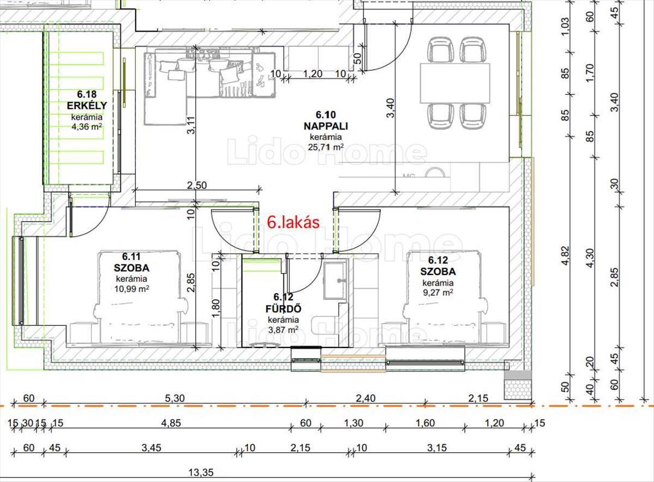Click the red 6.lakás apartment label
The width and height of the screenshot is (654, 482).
point(293,223)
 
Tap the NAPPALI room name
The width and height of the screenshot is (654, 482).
point(326,126)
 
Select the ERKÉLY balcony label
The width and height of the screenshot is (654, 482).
point(87,105)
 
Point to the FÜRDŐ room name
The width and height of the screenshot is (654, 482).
point(283,308)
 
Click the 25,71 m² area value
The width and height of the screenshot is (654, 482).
point(325,147)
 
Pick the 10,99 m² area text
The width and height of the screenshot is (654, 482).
point(132,289)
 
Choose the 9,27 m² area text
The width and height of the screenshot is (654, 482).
point(438,292)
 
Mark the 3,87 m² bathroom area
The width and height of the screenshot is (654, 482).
point(283,330)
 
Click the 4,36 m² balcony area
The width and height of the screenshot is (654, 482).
point(87,127)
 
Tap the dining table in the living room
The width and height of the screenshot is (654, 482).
point(455,83)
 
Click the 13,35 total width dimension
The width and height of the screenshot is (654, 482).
point(201,472)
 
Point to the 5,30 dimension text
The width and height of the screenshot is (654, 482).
point(174,398)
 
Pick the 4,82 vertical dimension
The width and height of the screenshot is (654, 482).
point(565,255)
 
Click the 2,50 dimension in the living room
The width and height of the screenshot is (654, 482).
point(197,185)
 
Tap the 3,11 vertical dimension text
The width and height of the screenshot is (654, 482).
point(191,125)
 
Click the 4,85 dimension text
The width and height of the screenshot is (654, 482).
point(171,423)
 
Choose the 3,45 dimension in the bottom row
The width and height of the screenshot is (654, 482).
point(152,448)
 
